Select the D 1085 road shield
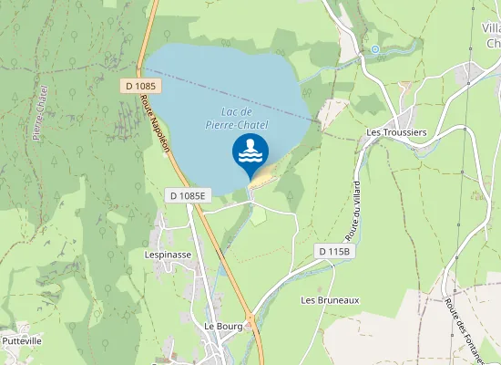(142, 86)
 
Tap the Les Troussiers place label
(396, 132)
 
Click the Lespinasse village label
(168, 255)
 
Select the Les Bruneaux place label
(331, 299)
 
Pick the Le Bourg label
(220, 326)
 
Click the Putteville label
(23, 341)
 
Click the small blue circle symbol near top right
(374, 49)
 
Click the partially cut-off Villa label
(491, 36)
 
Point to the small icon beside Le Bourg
(249, 326)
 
